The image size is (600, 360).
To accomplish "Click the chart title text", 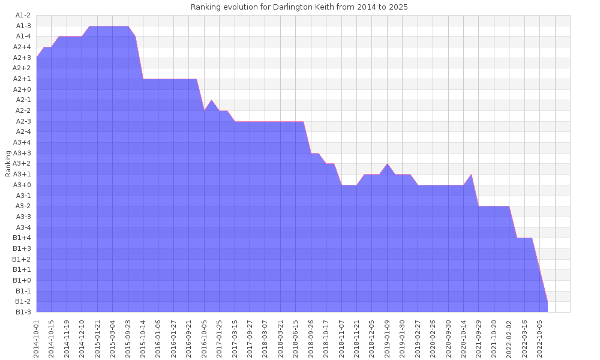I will click(299, 7).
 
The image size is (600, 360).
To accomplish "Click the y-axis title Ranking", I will click(8, 163).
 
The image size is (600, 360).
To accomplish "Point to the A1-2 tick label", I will click(23, 15).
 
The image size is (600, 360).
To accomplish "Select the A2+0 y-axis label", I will click(23, 89).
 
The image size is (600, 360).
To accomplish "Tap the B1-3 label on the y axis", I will click(23, 311).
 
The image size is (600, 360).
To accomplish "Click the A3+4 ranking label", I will click(23, 142).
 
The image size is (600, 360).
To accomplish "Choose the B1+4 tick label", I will click(23, 238).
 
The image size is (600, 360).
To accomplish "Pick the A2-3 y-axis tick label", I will click(23, 121).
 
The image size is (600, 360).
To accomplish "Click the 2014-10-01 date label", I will click(37, 338).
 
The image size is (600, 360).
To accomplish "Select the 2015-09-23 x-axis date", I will click(128, 338).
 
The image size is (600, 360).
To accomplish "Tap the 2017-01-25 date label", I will click(220, 338).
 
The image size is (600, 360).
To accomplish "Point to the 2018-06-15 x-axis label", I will click(296, 338).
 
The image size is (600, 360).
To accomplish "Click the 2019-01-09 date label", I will click(387, 338).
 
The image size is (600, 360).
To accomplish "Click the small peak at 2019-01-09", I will click(388, 164).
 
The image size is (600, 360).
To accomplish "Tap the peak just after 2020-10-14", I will click(471, 175).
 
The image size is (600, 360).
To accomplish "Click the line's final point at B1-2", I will click(547, 301).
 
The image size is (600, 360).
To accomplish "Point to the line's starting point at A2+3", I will click(37, 58).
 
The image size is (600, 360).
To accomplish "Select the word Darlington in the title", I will click(280, 7).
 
